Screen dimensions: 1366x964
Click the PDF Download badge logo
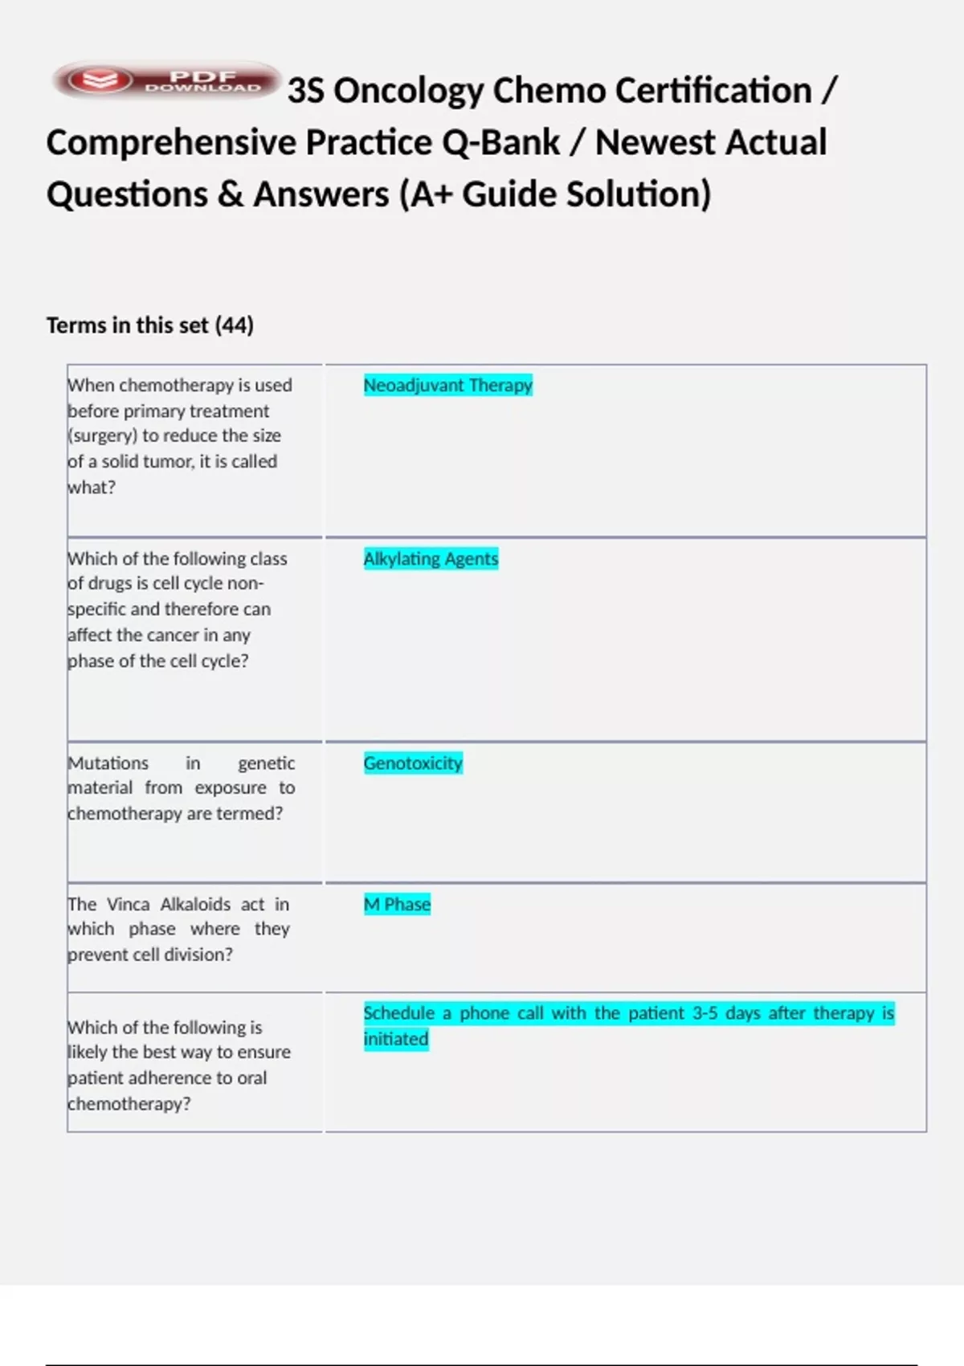coord(166,80)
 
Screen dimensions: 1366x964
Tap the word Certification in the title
coord(652,91)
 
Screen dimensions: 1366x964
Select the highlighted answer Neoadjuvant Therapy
coord(447,386)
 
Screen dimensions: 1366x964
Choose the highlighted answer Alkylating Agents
coord(431,559)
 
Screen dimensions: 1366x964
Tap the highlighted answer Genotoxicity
coord(413,763)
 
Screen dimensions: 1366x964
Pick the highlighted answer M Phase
coord(397,905)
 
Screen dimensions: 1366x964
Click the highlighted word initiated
coord(396,1039)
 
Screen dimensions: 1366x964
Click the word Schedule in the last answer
coord(398,1013)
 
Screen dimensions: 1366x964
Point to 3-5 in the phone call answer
coord(705,1013)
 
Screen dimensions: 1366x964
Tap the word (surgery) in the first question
coord(102,436)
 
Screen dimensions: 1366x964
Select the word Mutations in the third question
coord(108,763)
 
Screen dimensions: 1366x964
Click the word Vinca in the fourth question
coord(129,905)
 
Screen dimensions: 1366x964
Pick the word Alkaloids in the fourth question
coord(195,905)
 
